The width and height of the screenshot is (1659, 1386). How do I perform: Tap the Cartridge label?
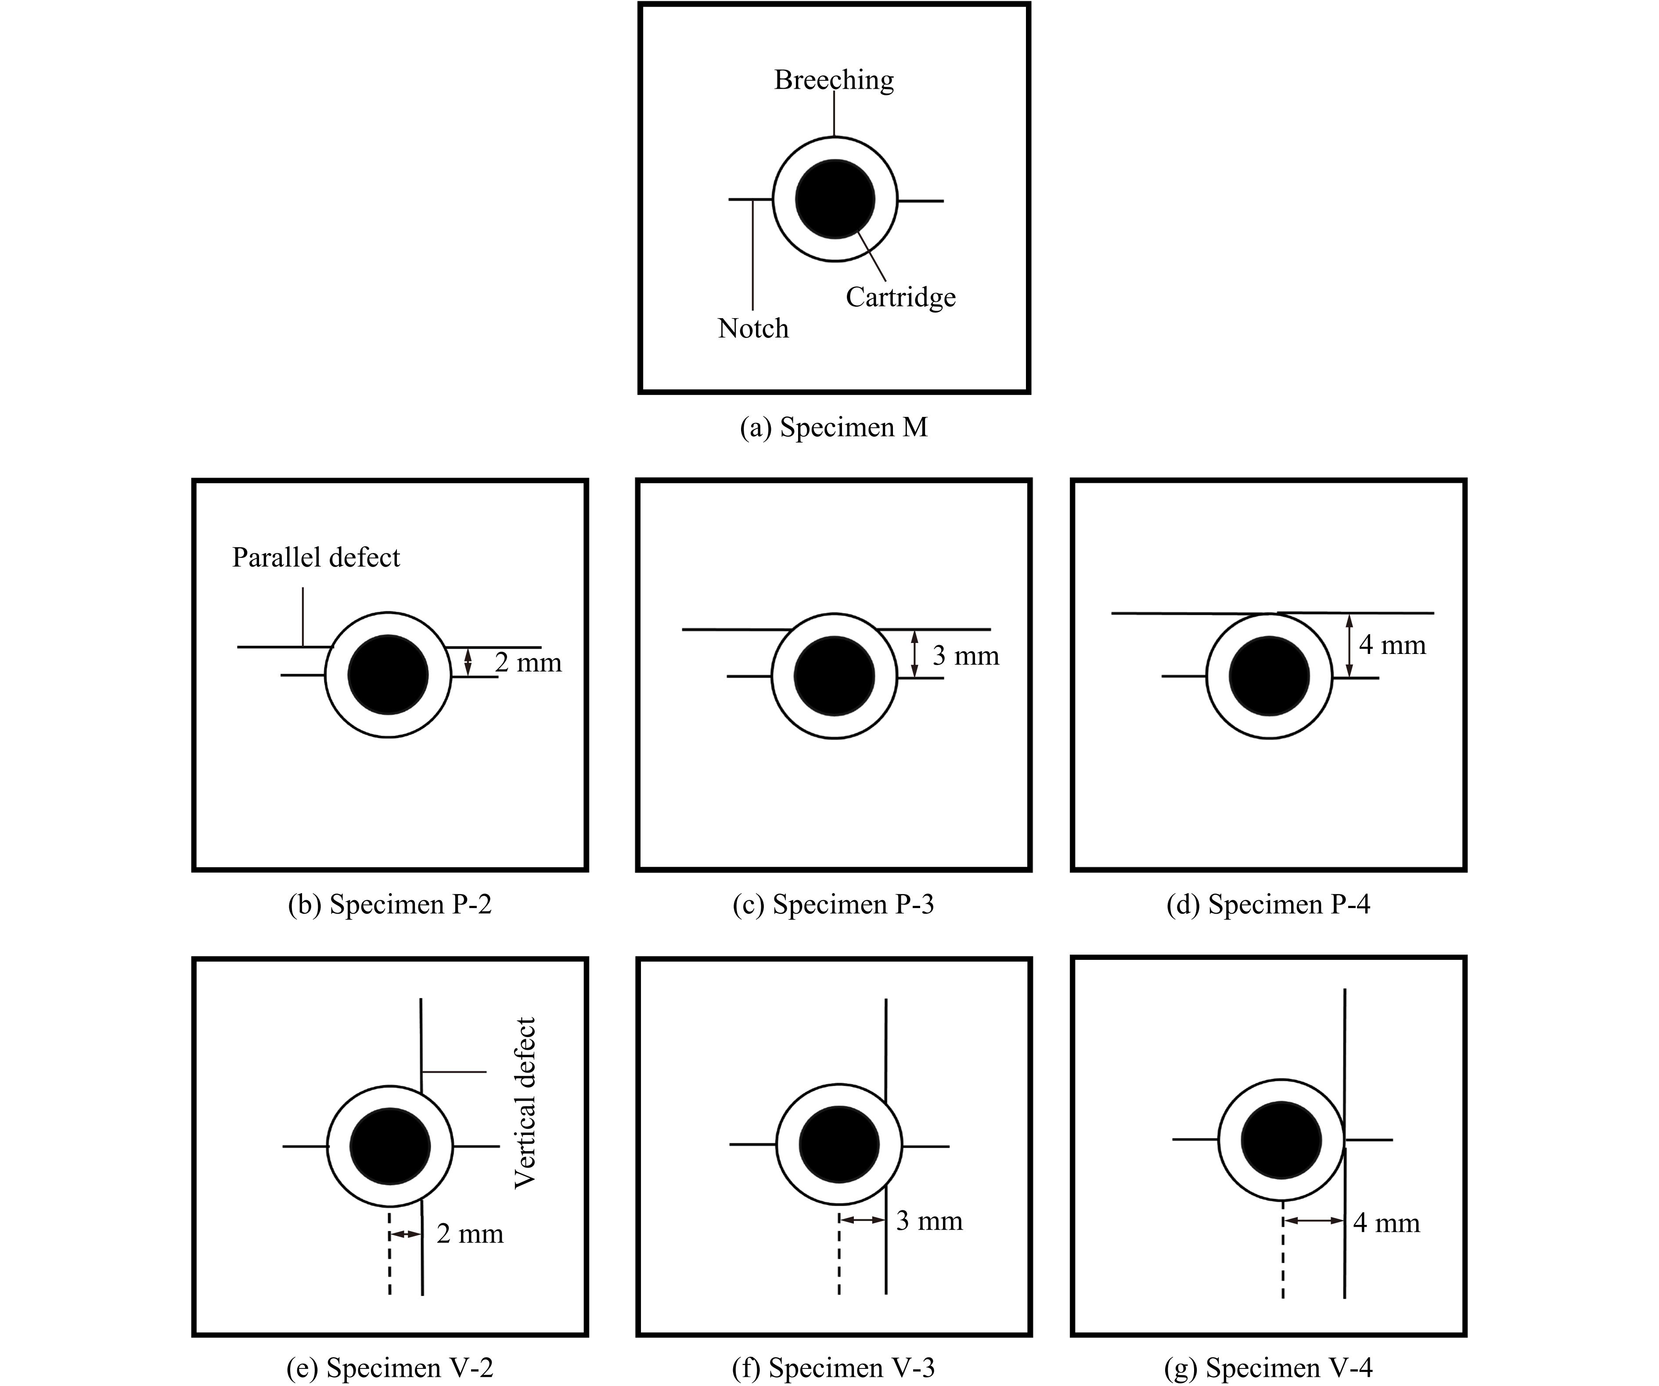pos(900,297)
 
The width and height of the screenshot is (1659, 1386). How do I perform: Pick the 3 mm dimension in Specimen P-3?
pos(965,656)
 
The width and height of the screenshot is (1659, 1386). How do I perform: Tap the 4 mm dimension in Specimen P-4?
pos(1392,645)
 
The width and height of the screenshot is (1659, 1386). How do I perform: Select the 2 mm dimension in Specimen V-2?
pos(470,1234)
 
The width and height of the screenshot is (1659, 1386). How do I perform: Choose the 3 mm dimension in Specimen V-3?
pos(929,1221)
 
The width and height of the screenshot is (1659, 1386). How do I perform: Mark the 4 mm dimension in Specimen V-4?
pos(1386,1223)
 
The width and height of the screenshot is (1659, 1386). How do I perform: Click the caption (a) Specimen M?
pos(833,427)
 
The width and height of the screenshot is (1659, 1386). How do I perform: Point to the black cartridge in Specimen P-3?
pos(834,676)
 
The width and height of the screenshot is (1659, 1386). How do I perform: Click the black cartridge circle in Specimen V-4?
pos(1281,1140)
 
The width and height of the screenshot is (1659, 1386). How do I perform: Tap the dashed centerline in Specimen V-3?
pos(839,1256)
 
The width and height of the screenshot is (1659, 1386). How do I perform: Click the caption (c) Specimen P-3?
pos(833,904)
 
